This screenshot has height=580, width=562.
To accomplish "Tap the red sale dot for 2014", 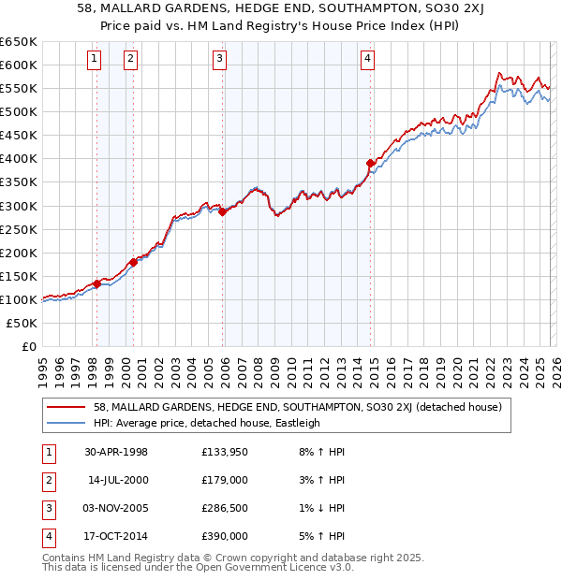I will pyautogui.click(x=371, y=164).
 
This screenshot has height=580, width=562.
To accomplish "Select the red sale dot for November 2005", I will pyautogui.click(x=223, y=212).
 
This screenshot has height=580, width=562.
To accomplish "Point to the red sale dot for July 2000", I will pyautogui.click(x=133, y=263).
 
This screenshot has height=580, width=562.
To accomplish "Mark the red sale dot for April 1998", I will pyautogui.click(x=96, y=283).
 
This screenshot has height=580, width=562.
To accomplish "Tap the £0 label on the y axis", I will pyautogui.click(x=27, y=347).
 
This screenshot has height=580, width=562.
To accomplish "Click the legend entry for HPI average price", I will pyautogui.click(x=207, y=423).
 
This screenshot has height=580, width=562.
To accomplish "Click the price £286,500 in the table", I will pyautogui.click(x=225, y=508).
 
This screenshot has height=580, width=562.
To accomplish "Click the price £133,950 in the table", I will pyautogui.click(x=225, y=452).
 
